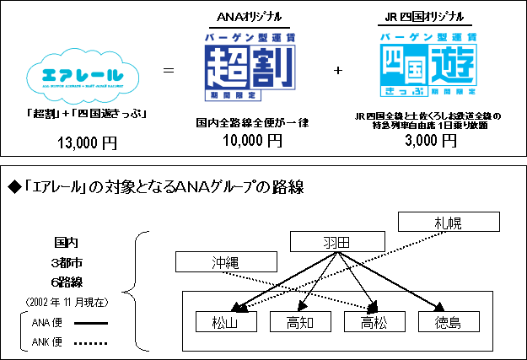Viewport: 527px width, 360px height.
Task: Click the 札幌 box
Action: click(449, 223)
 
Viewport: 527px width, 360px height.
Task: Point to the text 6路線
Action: click(67, 282)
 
